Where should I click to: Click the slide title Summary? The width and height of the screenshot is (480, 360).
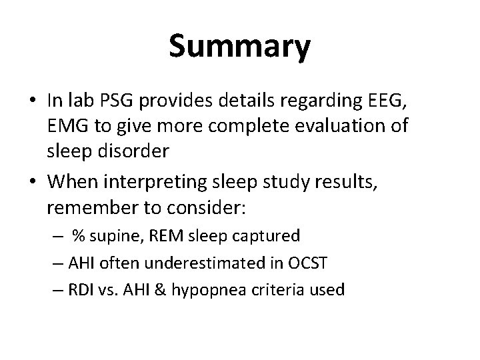[x=239, y=46]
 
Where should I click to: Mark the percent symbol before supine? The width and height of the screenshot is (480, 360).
[x=79, y=236]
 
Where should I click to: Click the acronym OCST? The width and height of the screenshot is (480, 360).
[x=308, y=263]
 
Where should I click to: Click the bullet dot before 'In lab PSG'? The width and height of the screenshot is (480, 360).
[x=31, y=101]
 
